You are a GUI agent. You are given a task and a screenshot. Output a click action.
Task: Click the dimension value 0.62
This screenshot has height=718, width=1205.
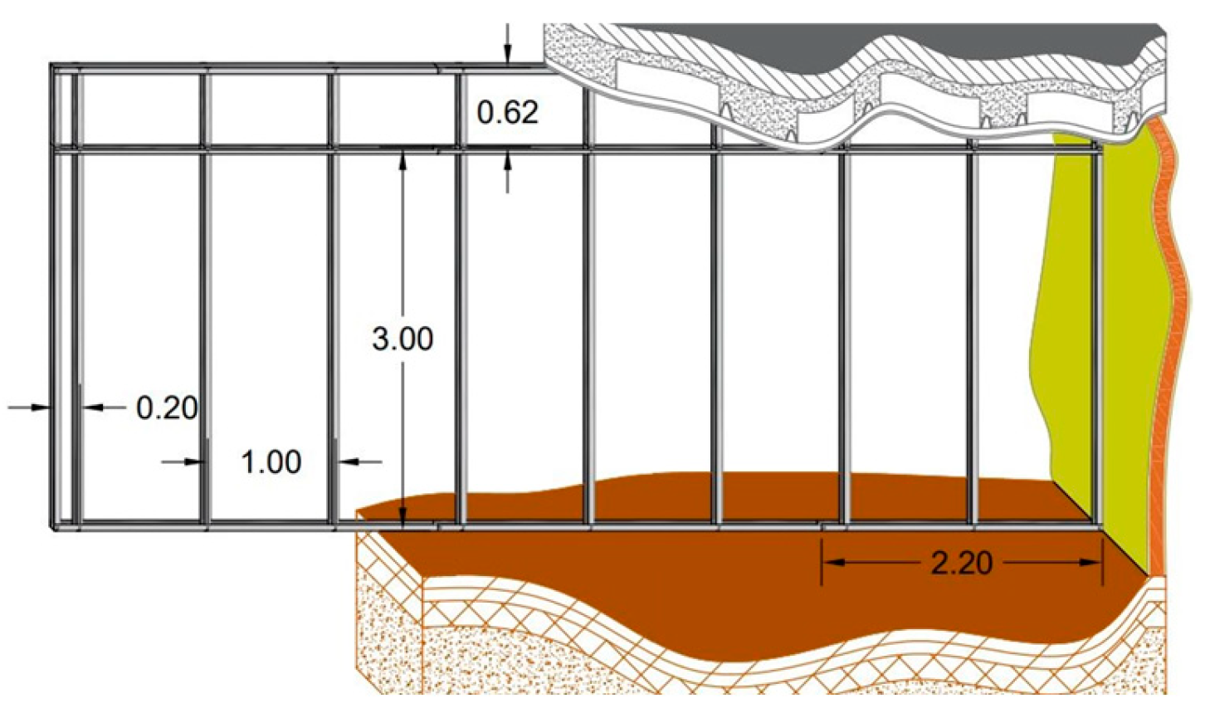508,111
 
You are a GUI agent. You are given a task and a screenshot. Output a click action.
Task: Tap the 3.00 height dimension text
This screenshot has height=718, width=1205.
402,339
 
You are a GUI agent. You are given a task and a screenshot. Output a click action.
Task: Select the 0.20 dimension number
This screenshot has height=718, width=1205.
167,408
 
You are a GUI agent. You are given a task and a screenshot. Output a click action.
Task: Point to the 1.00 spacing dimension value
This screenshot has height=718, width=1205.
271,462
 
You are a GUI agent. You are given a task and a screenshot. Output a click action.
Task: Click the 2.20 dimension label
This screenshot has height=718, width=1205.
962,563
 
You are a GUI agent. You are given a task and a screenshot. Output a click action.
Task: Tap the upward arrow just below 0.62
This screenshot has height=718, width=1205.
507,164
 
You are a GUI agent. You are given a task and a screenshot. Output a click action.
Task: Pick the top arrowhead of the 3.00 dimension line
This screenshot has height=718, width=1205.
402,157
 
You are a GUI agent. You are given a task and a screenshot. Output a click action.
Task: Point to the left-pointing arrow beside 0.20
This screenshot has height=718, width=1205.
93,407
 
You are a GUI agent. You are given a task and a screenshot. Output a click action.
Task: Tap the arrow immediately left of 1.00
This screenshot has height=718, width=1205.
194,461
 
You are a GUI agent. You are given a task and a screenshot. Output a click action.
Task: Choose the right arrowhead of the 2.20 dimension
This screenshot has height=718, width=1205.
1092,562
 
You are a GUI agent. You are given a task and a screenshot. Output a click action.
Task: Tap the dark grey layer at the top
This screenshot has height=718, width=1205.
830,37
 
